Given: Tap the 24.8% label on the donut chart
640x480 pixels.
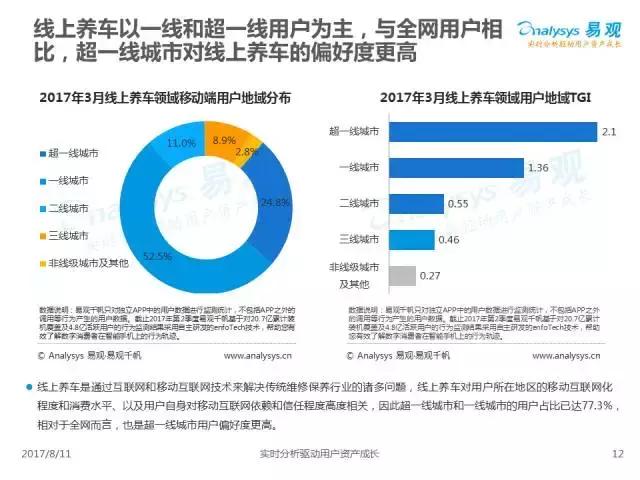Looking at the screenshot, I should pos(274,202).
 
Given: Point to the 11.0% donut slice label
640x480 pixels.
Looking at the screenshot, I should pos(181,144).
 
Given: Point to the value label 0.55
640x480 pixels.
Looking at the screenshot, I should pos(459,203).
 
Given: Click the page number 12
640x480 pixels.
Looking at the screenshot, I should pos(617,455).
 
